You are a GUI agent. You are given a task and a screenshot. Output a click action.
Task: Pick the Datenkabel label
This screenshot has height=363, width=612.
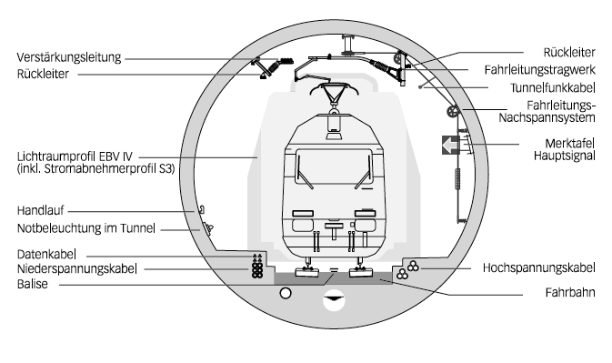[45, 252]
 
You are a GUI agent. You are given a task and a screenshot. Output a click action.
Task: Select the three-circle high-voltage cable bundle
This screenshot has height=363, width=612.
[413, 267]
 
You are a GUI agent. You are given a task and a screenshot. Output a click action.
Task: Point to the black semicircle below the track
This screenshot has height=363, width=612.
[336, 297]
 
